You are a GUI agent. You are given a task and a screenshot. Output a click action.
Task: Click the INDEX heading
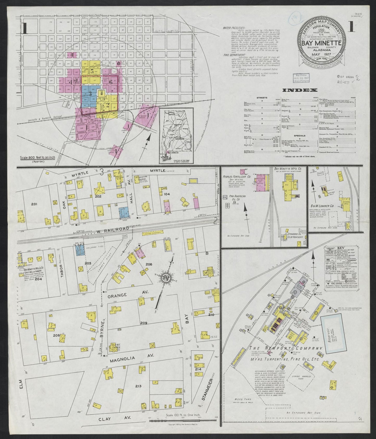pyautogui.click(x=300, y=90)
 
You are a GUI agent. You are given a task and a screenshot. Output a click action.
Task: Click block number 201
pyautogui.click(x=34, y=204)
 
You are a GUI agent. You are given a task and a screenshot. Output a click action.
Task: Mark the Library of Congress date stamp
pyautogui.click(x=299, y=78)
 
